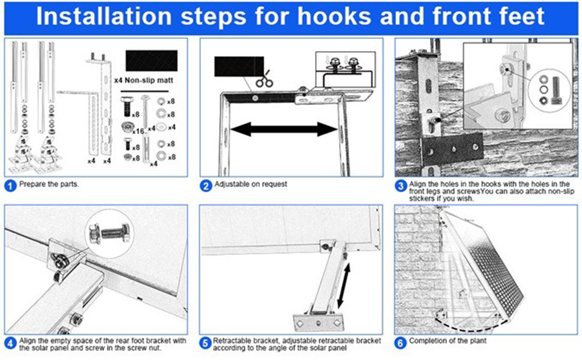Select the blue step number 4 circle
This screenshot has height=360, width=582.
[10, 343]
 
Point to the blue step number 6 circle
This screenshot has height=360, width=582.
[400, 343]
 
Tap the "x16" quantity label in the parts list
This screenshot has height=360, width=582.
[139, 131]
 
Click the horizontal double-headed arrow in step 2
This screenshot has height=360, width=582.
[284, 129]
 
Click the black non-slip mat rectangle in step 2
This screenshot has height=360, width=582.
[239, 66]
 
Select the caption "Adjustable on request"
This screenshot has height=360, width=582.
[251, 184]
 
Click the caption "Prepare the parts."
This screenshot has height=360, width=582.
[49, 184]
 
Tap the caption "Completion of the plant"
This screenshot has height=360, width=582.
[448, 341]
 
